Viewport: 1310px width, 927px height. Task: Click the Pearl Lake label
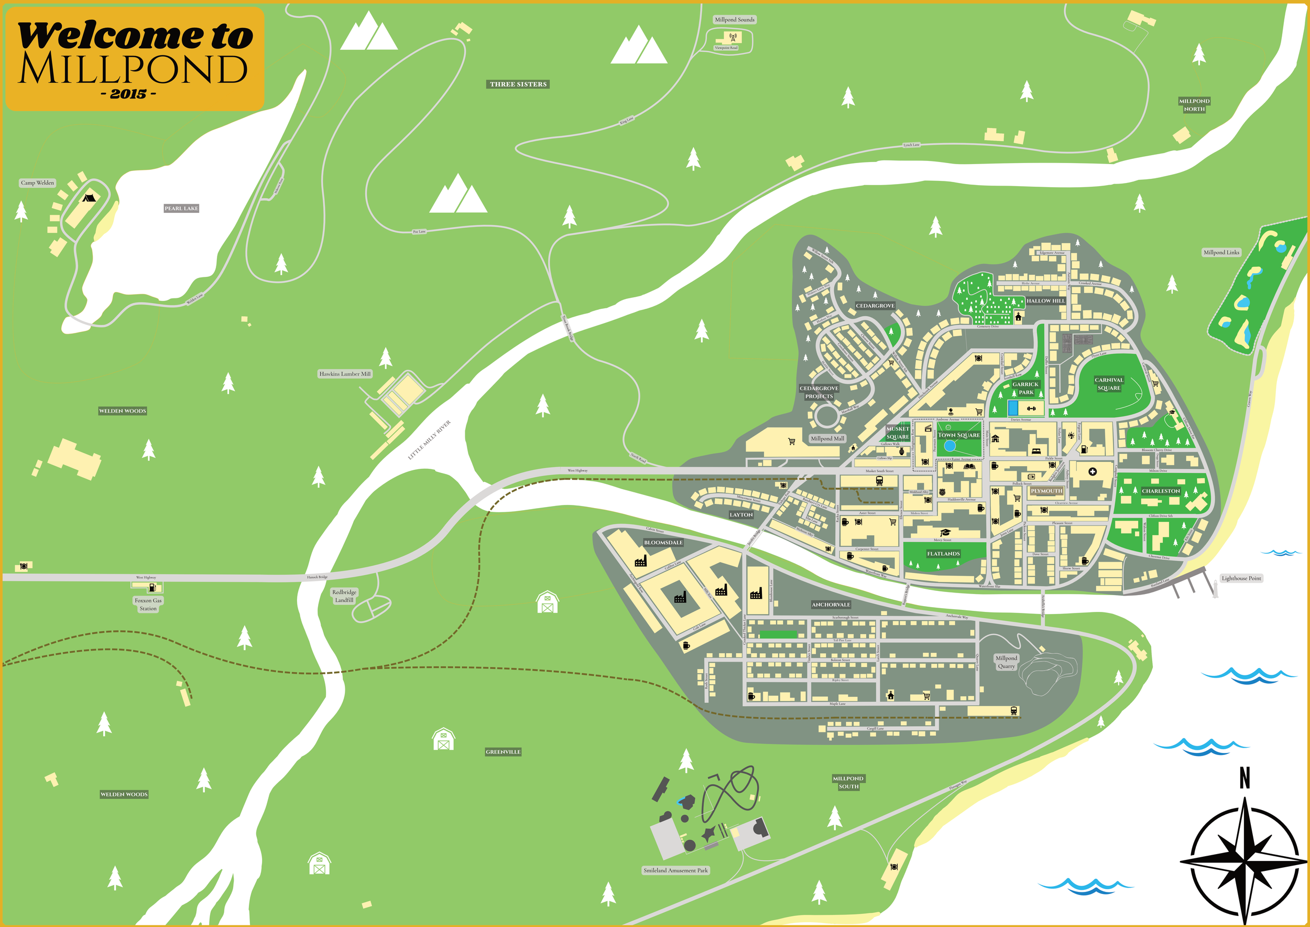pyautogui.click(x=181, y=208)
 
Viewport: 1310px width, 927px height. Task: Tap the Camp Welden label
pyautogui.click(x=38, y=182)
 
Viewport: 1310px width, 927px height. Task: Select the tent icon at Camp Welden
pyautogui.click(x=88, y=198)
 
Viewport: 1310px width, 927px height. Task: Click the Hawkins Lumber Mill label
pyautogui.click(x=345, y=374)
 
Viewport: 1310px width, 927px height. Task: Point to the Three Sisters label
pyautogui.click(x=518, y=84)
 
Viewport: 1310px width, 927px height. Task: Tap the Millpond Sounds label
pyautogui.click(x=734, y=19)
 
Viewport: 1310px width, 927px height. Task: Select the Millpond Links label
pyautogui.click(x=1221, y=252)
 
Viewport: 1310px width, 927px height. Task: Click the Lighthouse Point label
pyautogui.click(x=1241, y=578)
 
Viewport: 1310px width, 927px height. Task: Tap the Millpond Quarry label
pyautogui.click(x=1006, y=662)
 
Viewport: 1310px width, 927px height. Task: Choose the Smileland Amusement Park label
pyautogui.click(x=675, y=870)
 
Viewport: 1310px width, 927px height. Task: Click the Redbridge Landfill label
pyautogui.click(x=344, y=596)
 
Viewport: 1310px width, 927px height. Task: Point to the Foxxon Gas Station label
pyautogui.click(x=148, y=605)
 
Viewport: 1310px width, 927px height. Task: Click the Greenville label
pyautogui.click(x=503, y=752)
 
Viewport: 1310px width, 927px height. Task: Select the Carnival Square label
pyautogui.click(x=1109, y=384)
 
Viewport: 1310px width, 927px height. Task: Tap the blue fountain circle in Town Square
pyautogui.click(x=949, y=446)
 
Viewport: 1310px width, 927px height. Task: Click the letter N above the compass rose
pyautogui.click(x=1244, y=778)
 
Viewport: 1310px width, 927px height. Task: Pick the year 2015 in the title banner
pyautogui.click(x=128, y=94)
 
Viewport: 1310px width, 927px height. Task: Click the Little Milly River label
pyautogui.click(x=429, y=440)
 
